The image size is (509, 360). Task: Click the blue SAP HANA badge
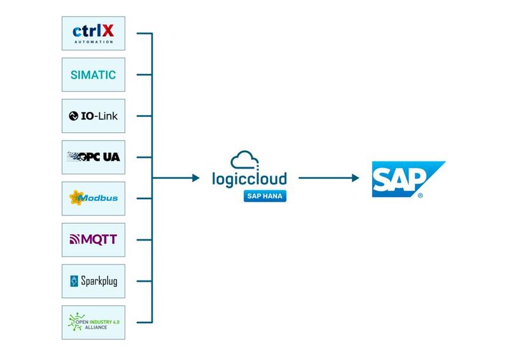pos(264,197)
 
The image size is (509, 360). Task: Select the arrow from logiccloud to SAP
pos(326,178)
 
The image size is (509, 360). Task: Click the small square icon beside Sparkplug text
pos(74,281)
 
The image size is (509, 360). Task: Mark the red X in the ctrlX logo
pos(109,30)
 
